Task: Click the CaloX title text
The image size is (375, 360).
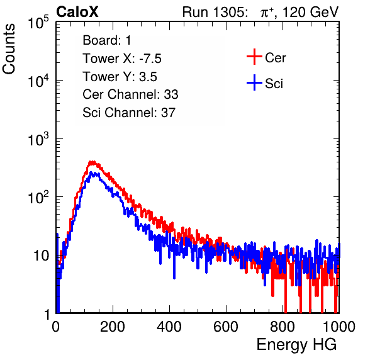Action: pos(77,12)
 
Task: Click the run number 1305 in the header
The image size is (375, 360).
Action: pos(230,12)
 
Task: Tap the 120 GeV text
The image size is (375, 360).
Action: pos(310,12)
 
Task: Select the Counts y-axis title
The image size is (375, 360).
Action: pos(9,49)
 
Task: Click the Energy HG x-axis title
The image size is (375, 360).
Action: pos(296,345)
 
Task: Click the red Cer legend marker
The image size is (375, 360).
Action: pos(254,57)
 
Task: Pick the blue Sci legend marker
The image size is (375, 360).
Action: pos(254,82)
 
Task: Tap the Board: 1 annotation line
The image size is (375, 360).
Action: pos(107,40)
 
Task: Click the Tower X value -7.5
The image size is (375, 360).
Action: pos(150,59)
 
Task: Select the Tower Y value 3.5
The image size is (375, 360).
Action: pos(148,77)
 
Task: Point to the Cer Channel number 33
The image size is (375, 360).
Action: pos(171,94)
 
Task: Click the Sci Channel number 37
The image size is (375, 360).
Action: pos(168,113)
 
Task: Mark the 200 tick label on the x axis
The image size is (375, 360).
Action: pos(113,327)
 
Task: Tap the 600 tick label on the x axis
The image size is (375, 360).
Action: pos(226,327)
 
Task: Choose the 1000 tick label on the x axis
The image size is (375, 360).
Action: pos(339,327)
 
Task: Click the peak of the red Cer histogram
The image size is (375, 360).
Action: pos(92,162)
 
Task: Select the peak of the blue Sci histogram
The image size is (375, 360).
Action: pos(91,172)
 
